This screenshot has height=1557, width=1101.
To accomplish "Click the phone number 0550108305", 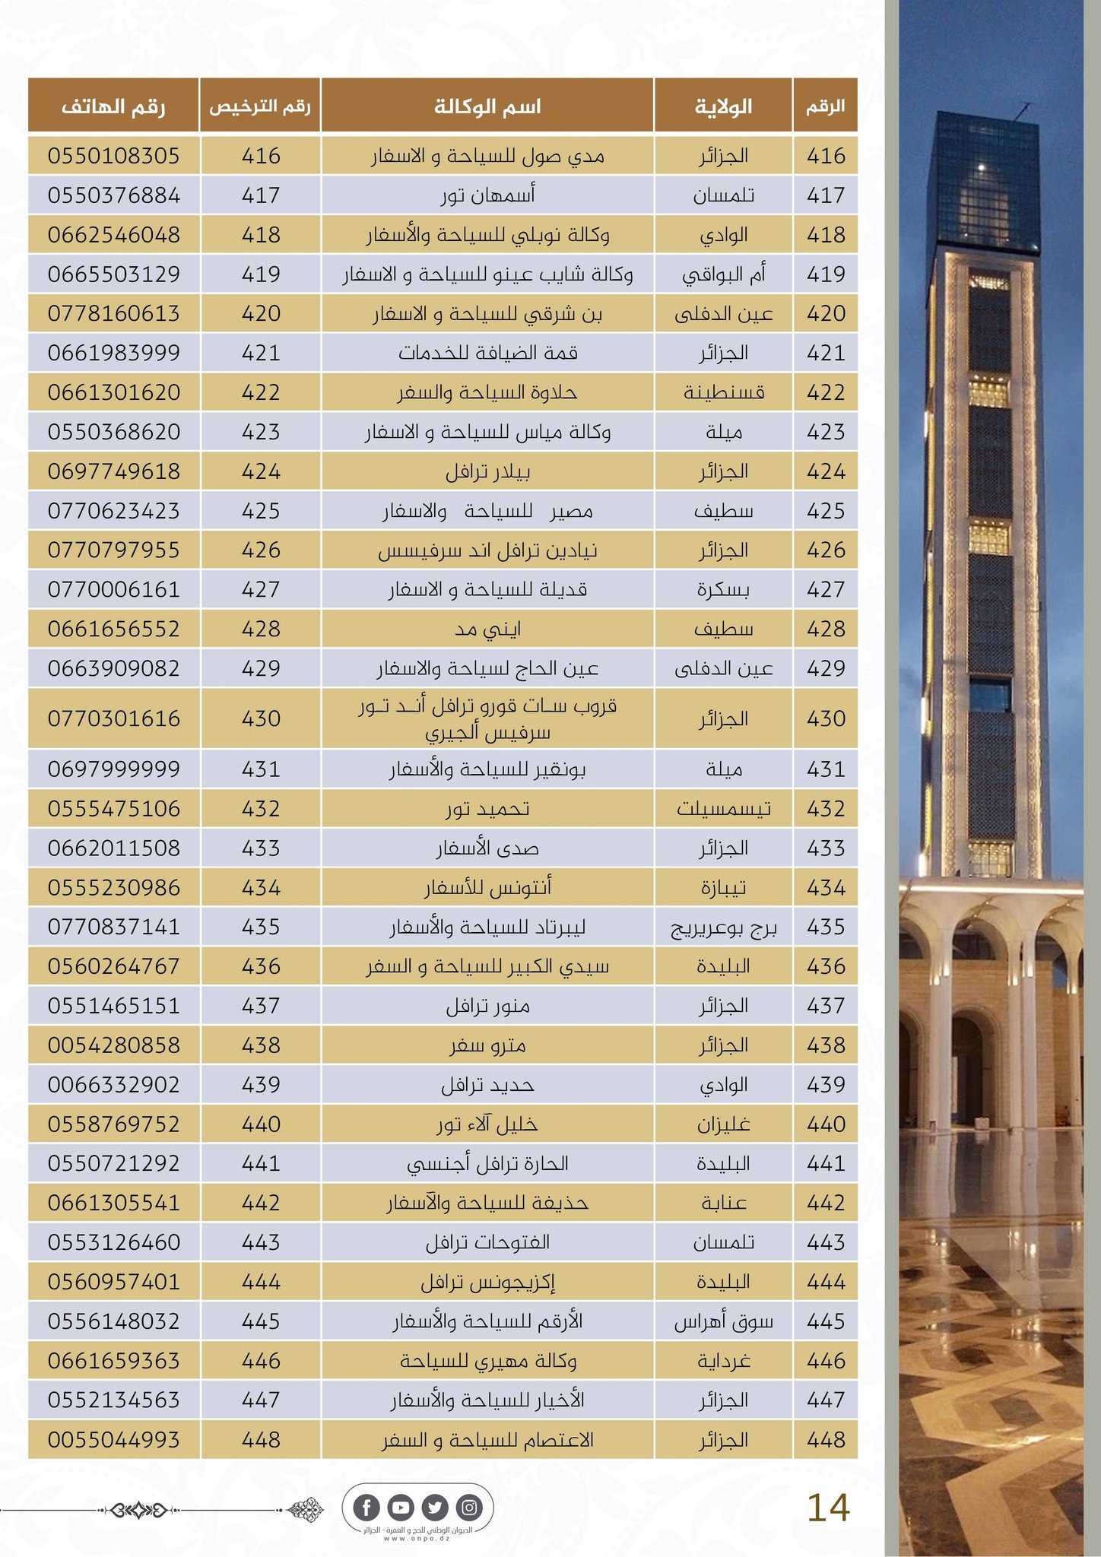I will coord(114,156).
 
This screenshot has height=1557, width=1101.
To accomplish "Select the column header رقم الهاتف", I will coord(114,106).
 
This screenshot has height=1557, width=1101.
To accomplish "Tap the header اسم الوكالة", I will coord(487,106).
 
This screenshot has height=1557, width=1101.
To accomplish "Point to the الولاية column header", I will coord(723,106).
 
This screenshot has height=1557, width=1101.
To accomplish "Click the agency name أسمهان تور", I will coord(487,195).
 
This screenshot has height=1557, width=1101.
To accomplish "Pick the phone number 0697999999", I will coord(114,769).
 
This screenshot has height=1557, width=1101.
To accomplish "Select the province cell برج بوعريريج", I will coord(723,927).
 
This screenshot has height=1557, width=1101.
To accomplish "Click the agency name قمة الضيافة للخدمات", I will coord(487,353).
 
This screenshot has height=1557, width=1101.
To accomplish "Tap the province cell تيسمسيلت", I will coord(723,808).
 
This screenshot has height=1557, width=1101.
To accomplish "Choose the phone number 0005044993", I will coord(114,1439).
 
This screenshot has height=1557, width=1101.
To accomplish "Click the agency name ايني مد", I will coord(487,629).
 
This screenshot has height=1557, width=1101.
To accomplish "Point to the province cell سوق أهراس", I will coord(723,1321).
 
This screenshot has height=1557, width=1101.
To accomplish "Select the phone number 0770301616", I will coord(114,718).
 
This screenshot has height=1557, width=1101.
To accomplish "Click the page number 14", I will coord(827,1508).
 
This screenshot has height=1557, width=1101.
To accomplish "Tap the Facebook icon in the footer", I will coord(367,1507).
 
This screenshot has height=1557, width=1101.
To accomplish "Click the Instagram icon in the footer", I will coord(469,1507).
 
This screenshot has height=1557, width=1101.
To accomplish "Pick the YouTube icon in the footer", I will coord(401,1507).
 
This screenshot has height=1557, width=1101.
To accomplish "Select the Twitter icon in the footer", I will coord(435,1507).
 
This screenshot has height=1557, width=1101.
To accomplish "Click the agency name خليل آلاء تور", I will coord(487,1124).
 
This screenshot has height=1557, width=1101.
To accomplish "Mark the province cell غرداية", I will coord(723,1360).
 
